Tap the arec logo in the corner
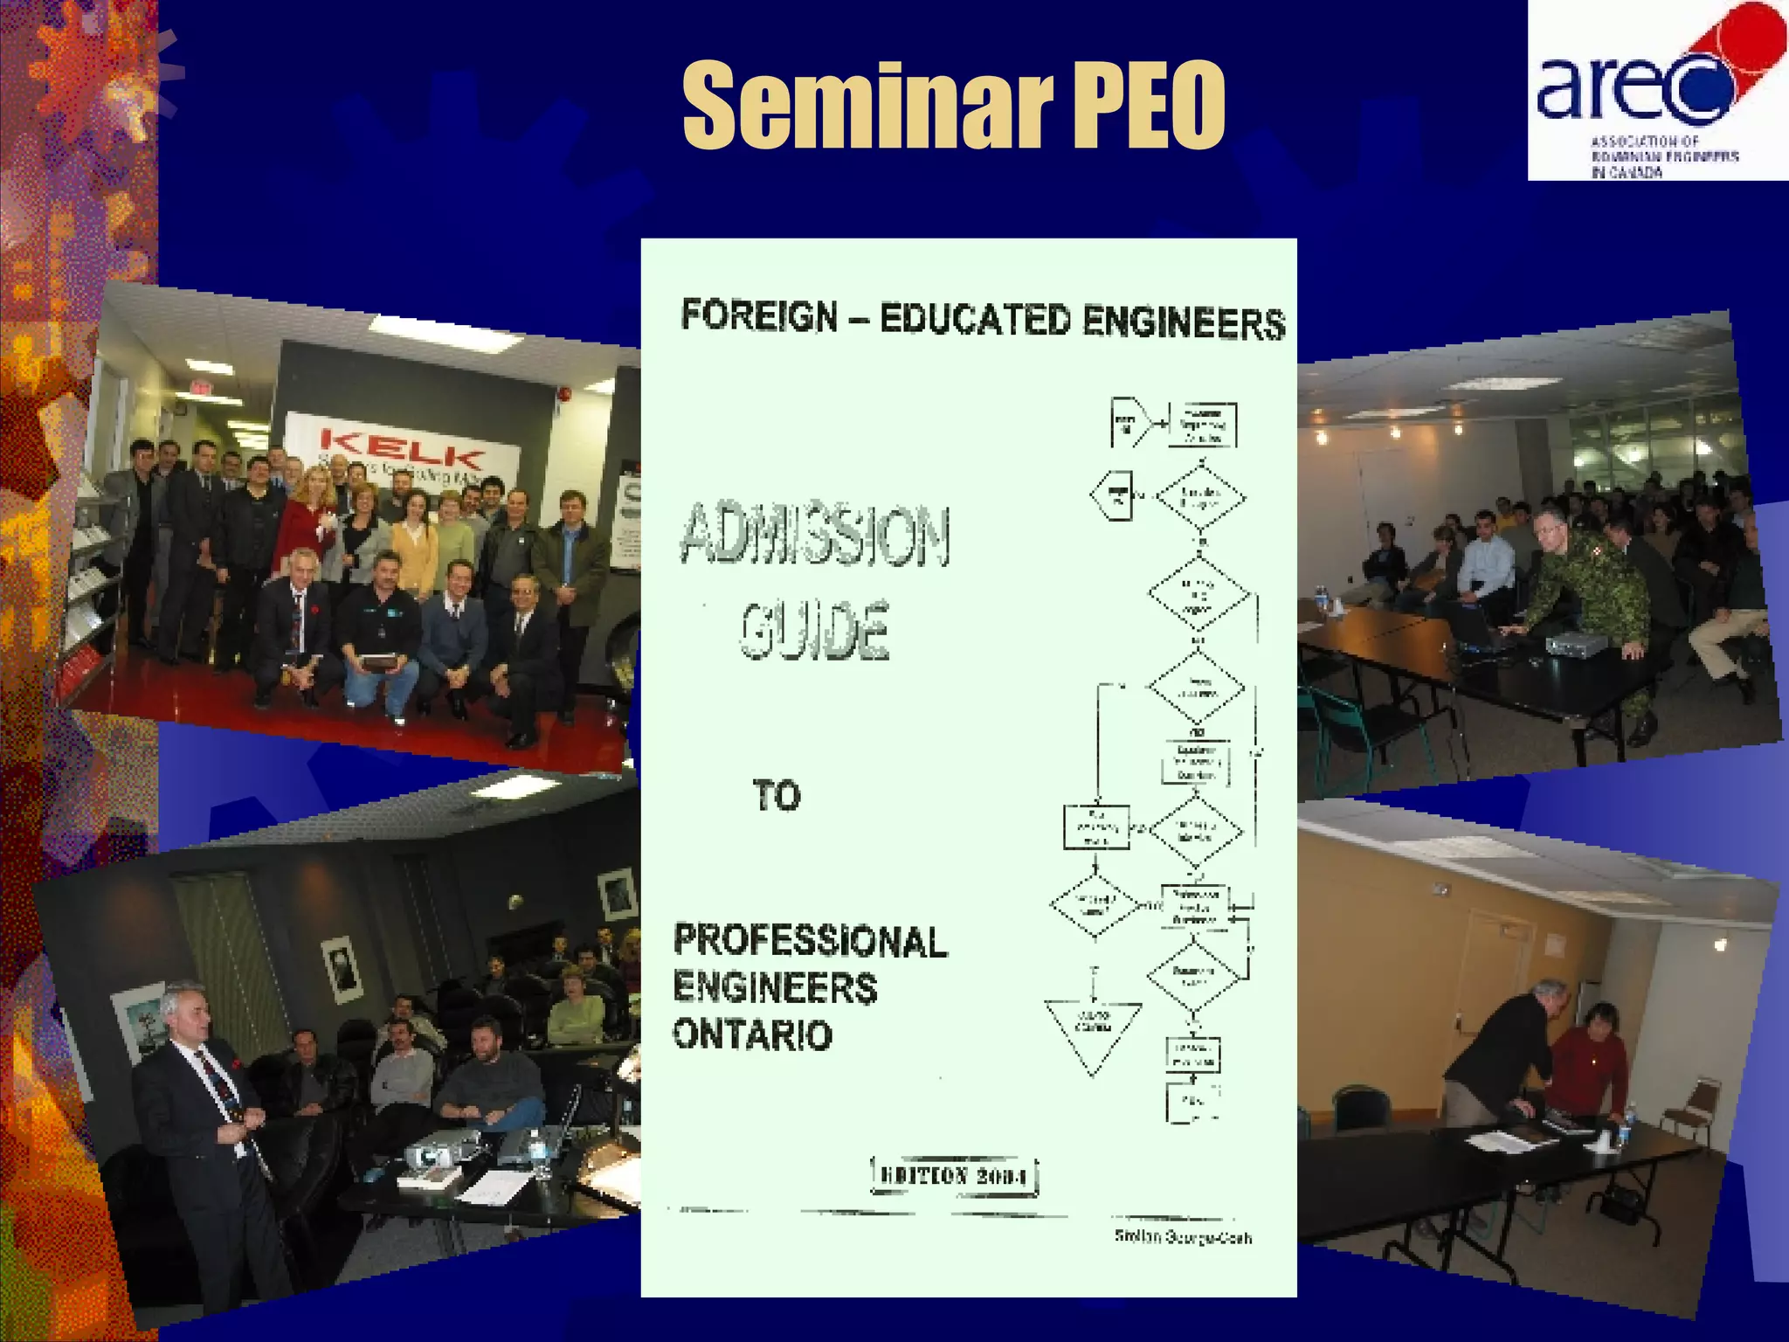point(1655,92)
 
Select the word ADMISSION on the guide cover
point(815,535)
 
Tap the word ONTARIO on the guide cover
point(752,1035)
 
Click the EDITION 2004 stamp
point(955,1176)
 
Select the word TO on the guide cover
point(777,796)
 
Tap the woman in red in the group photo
point(306,515)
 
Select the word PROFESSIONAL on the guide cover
point(810,941)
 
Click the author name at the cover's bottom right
point(1183,1237)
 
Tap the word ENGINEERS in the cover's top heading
point(1184,322)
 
